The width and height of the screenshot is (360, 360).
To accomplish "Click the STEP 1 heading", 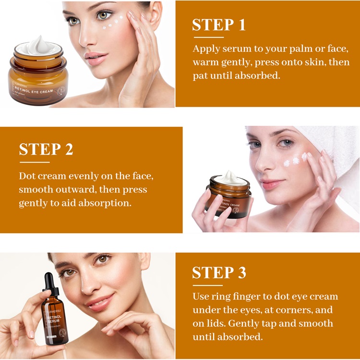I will (x=219, y=25).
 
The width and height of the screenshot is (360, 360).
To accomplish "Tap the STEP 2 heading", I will (x=46, y=149).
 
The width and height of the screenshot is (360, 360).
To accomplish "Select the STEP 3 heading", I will (x=219, y=273).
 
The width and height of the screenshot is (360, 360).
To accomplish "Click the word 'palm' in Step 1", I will (x=284, y=49).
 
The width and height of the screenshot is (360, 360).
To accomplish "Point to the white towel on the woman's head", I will (x=336, y=144).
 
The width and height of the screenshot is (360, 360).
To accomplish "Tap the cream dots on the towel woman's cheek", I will (x=295, y=160).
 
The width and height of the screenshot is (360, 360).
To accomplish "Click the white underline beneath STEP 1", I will (x=208, y=37).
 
